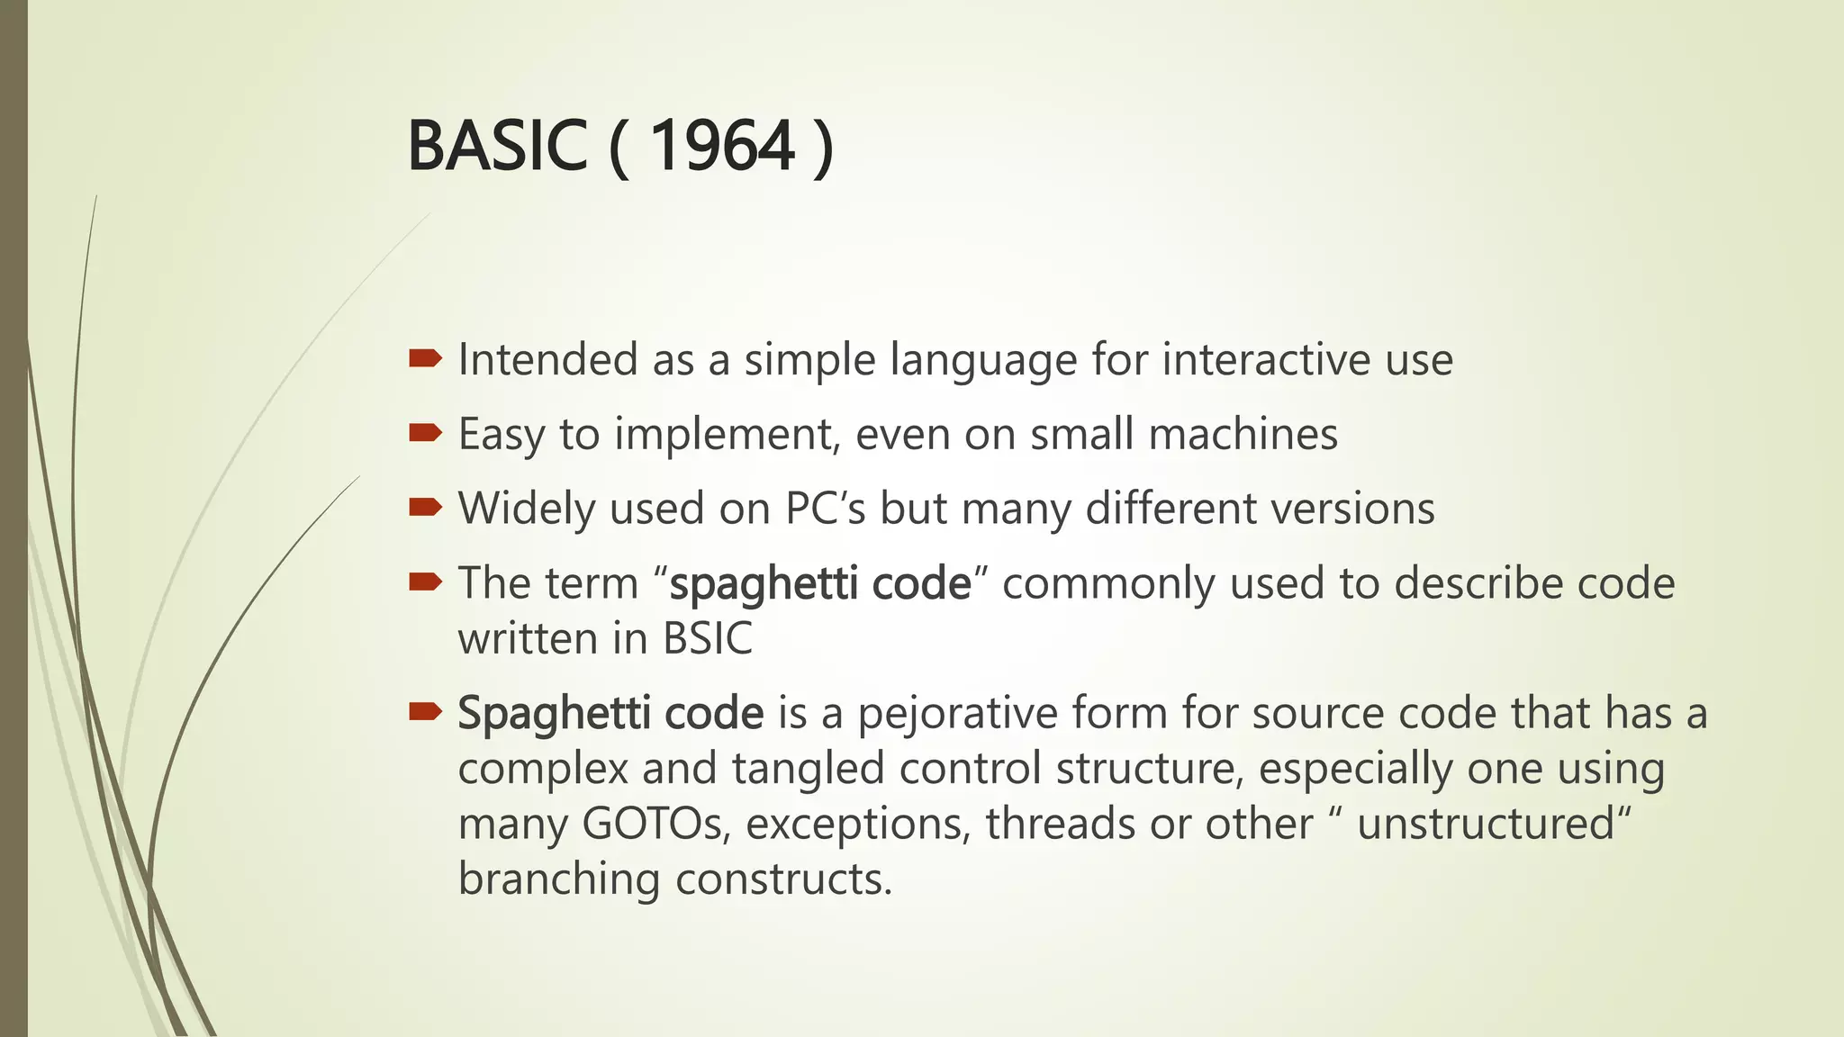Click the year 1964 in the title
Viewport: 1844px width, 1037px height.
click(x=722, y=146)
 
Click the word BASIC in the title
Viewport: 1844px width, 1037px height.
click(x=497, y=146)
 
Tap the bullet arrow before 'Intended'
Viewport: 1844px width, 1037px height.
click(x=425, y=359)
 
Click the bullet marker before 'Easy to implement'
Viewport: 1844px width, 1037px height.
click(x=425, y=434)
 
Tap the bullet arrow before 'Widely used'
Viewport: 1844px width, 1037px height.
click(x=425, y=509)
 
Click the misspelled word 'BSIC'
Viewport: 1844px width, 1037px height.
click(x=707, y=639)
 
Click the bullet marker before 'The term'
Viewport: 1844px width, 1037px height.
click(x=425, y=583)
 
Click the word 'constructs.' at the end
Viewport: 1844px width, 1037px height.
click(x=783, y=879)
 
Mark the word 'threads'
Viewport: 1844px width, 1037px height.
click(x=1060, y=825)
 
